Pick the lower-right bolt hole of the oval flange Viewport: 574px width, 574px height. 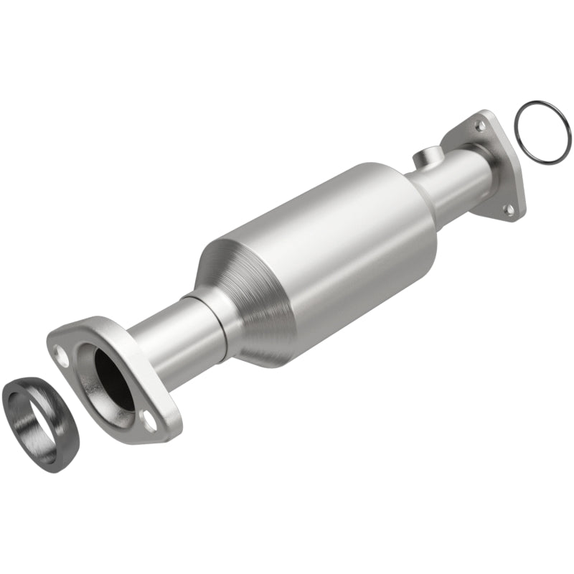point(150,423)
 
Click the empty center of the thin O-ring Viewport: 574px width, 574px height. point(542,132)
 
